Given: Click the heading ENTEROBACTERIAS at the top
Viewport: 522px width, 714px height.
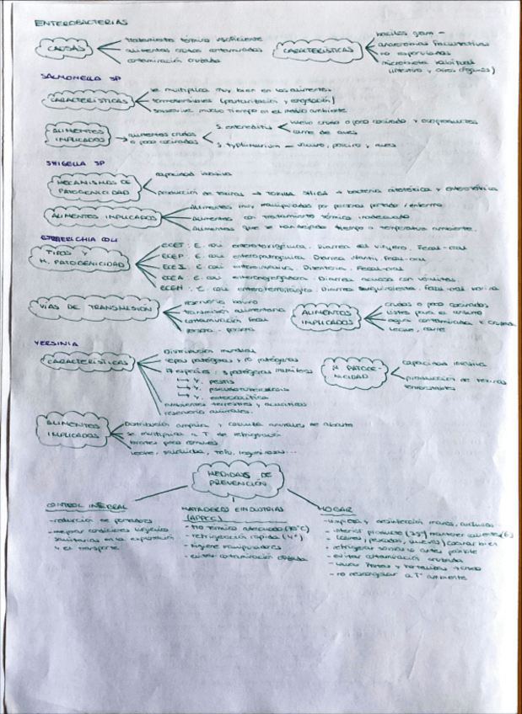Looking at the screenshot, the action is pyautogui.click(x=81, y=24).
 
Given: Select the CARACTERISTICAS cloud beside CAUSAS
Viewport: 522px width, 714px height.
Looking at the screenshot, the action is pyautogui.click(x=323, y=52).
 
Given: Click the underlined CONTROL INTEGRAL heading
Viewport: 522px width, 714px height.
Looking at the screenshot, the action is pyautogui.click(x=87, y=507).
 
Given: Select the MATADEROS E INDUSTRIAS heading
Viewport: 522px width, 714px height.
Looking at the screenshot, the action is pyautogui.click(x=221, y=509).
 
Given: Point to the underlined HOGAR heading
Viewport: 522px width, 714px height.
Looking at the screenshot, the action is pyautogui.click(x=331, y=509).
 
